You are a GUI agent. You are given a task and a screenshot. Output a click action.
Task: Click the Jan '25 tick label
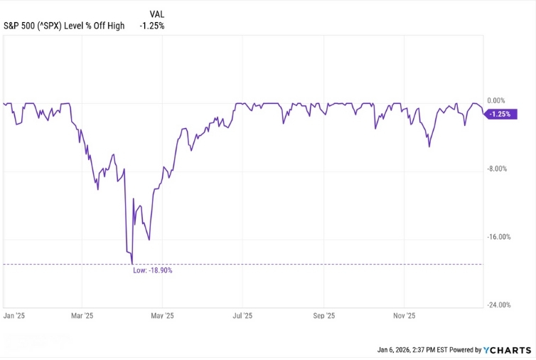(x=14, y=315)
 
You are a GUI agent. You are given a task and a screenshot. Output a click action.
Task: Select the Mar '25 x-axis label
(x=84, y=315)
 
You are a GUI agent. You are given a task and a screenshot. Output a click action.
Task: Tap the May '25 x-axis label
(x=163, y=315)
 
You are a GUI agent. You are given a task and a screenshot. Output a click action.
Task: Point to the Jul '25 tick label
(x=242, y=315)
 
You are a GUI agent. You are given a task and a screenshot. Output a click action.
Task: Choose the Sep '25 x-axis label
(x=324, y=315)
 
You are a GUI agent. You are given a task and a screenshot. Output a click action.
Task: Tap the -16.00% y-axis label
(x=499, y=237)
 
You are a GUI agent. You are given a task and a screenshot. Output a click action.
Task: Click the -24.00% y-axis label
(x=499, y=305)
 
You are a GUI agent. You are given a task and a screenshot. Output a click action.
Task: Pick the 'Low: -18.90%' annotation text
(x=153, y=270)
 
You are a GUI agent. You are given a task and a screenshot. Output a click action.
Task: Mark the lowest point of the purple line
(x=132, y=264)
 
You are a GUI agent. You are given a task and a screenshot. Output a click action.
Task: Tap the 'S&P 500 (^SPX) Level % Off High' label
(x=64, y=26)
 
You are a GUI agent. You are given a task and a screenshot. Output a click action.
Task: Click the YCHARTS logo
(x=507, y=349)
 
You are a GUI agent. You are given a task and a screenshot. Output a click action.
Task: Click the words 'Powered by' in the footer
(x=465, y=350)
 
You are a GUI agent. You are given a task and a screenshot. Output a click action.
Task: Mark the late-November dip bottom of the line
(x=429, y=147)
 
